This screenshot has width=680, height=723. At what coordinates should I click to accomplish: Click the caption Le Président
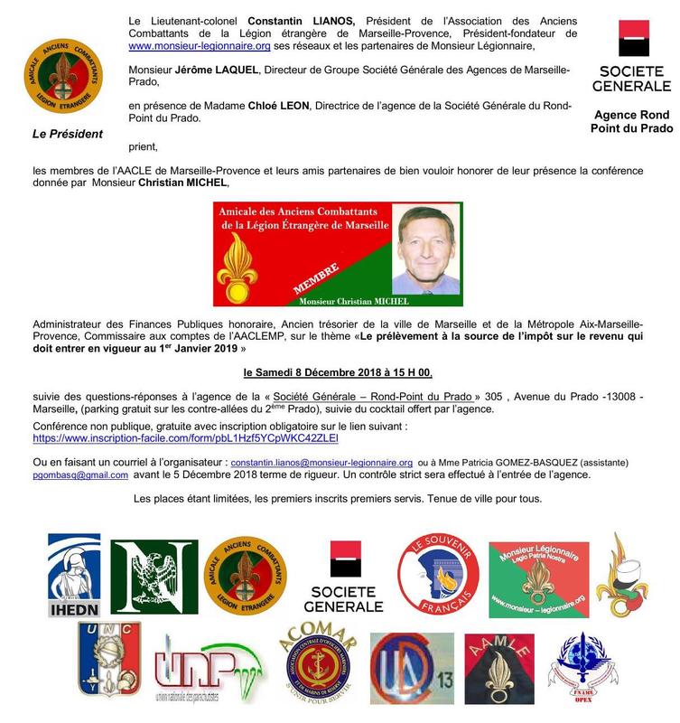[68, 135]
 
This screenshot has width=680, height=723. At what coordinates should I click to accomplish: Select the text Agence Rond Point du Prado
[632, 122]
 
